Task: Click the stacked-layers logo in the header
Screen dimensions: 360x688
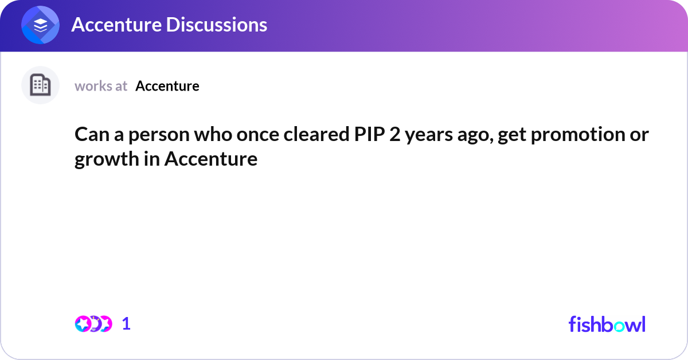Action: point(41,25)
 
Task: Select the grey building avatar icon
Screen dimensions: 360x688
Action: point(40,85)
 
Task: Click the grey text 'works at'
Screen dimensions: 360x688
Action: point(101,86)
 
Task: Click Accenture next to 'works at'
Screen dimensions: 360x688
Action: point(167,86)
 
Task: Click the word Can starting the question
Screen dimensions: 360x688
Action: point(89,136)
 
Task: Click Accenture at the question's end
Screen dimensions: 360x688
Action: point(211,159)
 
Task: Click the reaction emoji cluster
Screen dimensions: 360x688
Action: point(93,324)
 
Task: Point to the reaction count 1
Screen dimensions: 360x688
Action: point(126,324)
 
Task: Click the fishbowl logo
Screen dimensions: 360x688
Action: point(607,324)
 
